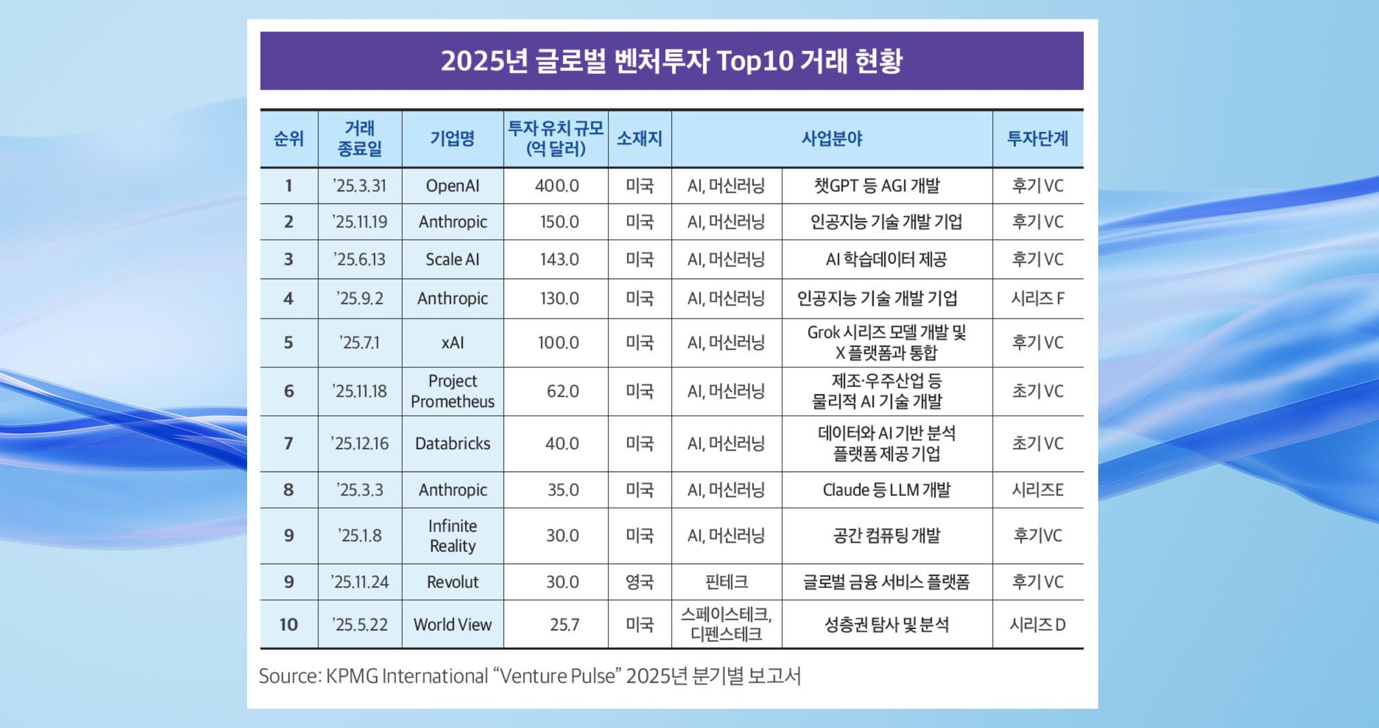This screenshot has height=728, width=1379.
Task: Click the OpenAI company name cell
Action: (452, 186)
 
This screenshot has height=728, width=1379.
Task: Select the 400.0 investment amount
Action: (557, 186)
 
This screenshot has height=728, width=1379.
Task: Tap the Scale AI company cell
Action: (452, 259)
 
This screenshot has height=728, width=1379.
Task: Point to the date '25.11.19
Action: (360, 222)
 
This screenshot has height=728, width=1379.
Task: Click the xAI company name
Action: (452, 343)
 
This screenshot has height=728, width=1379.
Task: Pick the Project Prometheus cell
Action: (452, 391)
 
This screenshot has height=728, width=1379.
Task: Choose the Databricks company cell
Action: (452, 444)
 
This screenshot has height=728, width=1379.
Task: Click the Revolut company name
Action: (452, 582)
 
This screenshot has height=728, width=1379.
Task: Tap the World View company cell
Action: (452, 625)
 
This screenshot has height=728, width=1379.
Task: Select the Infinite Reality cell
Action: (452, 536)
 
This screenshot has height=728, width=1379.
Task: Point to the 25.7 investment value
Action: (564, 625)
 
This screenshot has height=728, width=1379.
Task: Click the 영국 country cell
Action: (639, 582)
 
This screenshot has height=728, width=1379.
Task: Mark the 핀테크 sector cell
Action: (726, 582)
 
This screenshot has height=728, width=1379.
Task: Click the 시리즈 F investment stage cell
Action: (1038, 298)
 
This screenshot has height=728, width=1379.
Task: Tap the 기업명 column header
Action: (452, 139)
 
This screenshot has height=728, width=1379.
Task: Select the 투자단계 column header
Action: (1038, 139)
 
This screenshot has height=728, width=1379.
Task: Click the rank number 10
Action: (288, 625)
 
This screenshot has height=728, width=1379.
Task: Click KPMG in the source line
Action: (351, 676)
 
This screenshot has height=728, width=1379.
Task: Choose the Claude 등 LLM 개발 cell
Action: (886, 490)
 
